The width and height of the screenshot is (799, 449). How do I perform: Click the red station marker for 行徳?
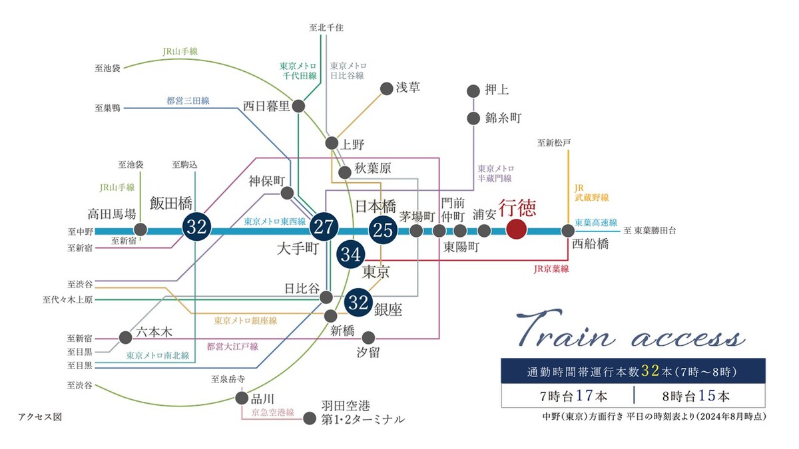[x=517, y=231]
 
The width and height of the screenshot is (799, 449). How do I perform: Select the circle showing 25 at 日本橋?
[x=383, y=230]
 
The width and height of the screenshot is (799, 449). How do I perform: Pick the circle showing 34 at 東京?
[x=352, y=254]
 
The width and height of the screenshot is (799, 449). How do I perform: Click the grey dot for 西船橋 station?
[x=567, y=231]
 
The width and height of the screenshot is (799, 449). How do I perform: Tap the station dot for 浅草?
[x=386, y=88]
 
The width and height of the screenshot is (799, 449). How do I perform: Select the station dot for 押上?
[x=473, y=90]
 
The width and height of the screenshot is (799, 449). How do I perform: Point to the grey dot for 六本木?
[x=125, y=337]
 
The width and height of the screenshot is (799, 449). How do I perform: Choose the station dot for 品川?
[x=241, y=398]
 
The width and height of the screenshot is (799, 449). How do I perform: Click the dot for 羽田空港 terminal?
[x=309, y=418]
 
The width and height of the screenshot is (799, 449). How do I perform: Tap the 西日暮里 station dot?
[x=299, y=106]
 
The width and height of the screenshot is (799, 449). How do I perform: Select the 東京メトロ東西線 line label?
[x=274, y=222]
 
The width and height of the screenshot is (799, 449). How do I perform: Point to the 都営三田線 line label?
[x=188, y=101]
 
